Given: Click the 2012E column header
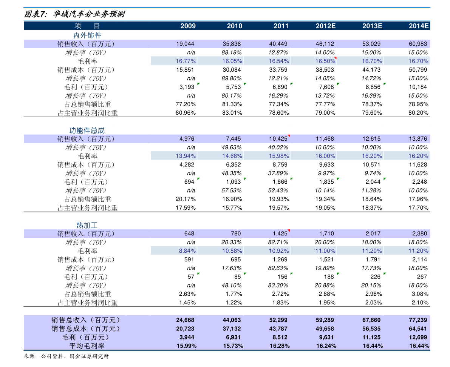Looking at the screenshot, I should (325, 26).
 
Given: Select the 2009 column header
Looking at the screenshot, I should (188, 26).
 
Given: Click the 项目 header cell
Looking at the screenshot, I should (87, 26).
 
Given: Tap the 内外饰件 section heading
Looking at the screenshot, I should (87, 35).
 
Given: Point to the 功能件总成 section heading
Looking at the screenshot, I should (87, 131).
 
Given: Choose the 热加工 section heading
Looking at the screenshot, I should (87, 225).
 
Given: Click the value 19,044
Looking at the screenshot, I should (185, 44).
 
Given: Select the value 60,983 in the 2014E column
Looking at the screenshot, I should (418, 44).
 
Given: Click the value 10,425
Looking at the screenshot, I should (278, 139).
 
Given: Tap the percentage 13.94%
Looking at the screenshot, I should (185, 156).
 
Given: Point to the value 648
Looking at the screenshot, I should (189, 233).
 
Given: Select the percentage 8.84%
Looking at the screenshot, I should (187, 251).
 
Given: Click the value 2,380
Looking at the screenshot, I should (419, 233).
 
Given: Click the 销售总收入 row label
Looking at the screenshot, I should (86, 320).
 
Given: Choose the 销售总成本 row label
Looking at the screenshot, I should (86, 329).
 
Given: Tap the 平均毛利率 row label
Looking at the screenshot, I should (87, 346).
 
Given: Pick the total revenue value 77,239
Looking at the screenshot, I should (418, 320).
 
